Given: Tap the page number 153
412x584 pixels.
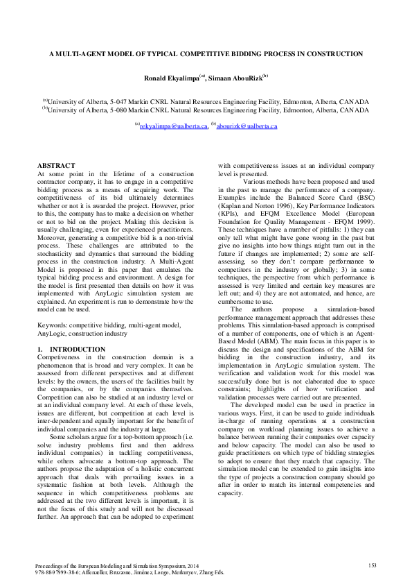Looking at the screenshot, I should tap(371, 567).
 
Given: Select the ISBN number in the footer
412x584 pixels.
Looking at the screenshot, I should tap(58, 574).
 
